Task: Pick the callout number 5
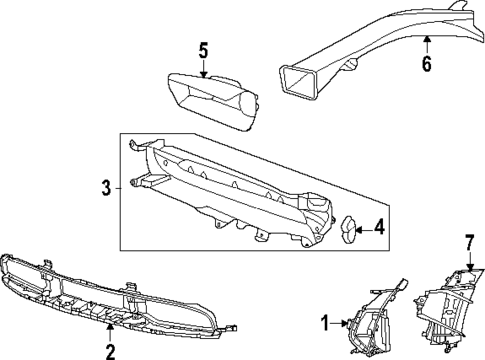click(203, 49)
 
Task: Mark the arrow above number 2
click(111, 326)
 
